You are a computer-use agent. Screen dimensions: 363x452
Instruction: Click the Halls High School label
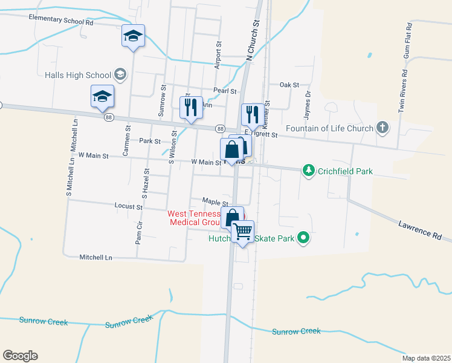coord(78,75)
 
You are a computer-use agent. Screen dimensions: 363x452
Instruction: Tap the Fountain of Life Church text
coord(329,128)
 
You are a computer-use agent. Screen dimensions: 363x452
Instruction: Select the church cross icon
coord(381,128)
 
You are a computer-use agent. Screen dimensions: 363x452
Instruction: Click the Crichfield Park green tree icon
coord(309,171)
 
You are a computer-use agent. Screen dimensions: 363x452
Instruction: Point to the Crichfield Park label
coord(346,172)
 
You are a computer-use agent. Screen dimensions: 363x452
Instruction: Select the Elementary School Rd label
coord(61,19)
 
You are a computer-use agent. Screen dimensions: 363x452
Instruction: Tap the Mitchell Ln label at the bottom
coord(96,257)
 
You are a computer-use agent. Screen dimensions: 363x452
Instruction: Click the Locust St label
coord(128,206)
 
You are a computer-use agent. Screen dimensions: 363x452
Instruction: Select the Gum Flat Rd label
coord(409,41)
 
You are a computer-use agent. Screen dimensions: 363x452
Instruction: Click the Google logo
coord(20,356)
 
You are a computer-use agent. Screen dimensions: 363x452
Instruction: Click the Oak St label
coord(289,85)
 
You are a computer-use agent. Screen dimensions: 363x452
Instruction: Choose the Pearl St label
coord(224,91)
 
